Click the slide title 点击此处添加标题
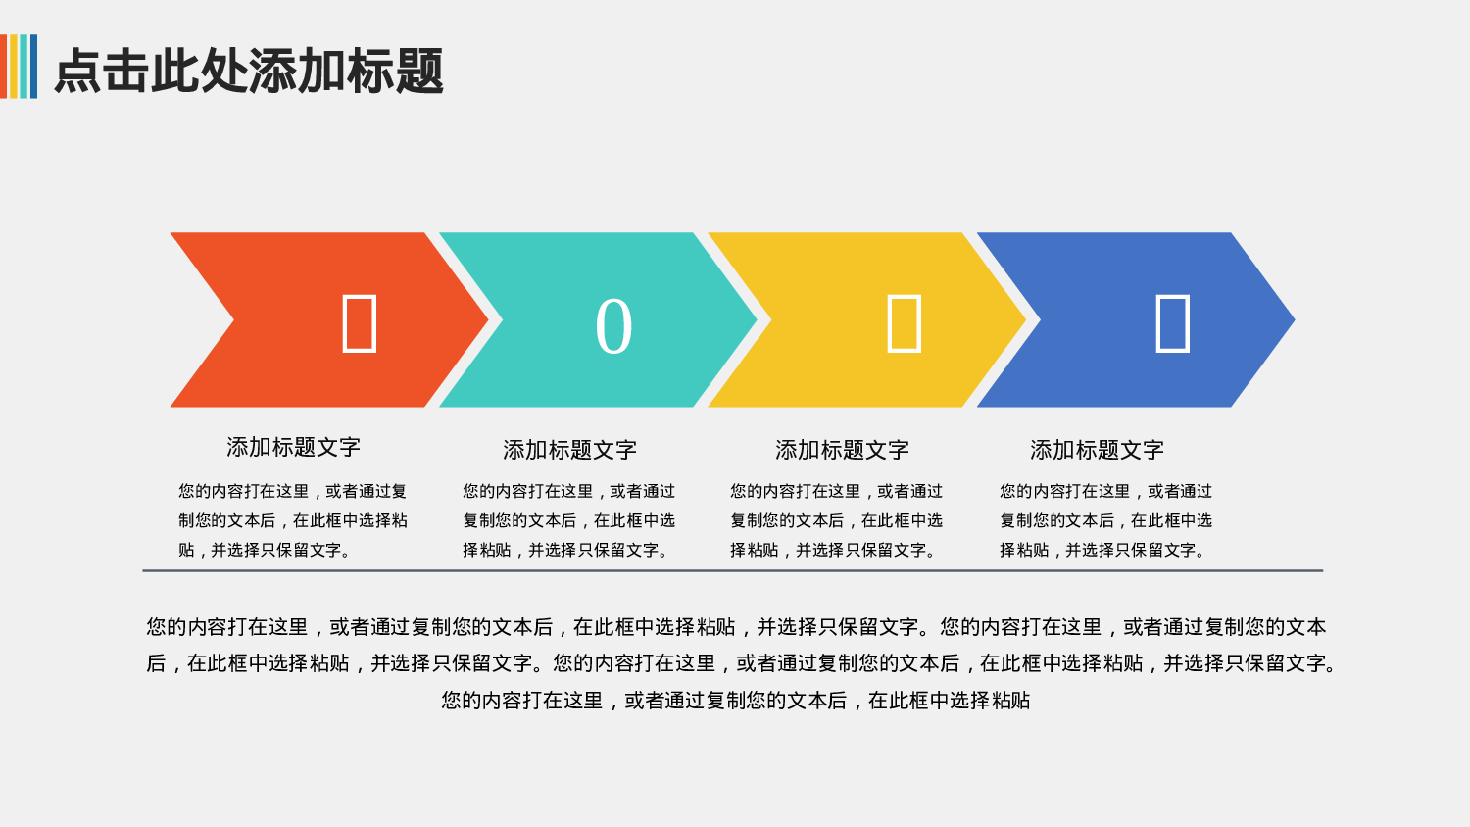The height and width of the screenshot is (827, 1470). click(249, 71)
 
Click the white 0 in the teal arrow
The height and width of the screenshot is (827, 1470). click(613, 326)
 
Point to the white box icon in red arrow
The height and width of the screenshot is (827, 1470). click(359, 323)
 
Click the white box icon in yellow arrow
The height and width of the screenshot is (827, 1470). click(904, 323)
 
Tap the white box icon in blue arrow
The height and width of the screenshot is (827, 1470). click(1172, 323)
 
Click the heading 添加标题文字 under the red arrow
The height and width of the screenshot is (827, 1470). click(293, 448)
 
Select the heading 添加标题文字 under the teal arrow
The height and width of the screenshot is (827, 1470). click(569, 451)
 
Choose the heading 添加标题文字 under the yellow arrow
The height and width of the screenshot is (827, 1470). click(842, 451)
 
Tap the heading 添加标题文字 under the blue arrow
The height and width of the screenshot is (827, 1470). click(1097, 451)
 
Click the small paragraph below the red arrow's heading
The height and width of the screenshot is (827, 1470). click(292, 520)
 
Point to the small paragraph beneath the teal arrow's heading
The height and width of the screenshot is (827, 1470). click(568, 520)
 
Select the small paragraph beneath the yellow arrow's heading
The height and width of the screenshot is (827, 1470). click(836, 520)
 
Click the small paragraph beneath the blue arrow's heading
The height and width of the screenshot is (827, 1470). click(1105, 520)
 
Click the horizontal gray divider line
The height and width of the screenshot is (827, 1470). click(732, 570)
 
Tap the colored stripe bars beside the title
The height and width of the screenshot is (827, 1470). click(19, 67)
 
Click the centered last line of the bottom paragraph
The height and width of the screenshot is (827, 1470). click(735, 701)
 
